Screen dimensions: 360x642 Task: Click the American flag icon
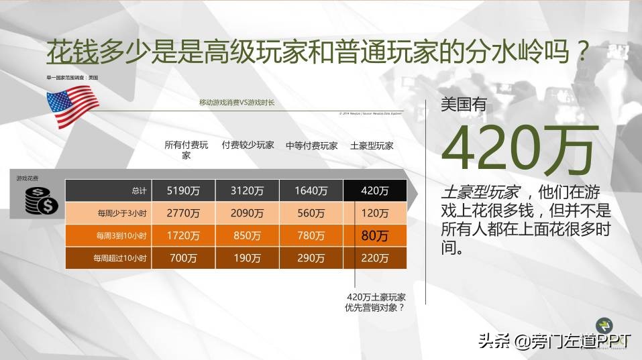tap(72, 105)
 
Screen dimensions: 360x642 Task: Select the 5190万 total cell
tap(184, 190)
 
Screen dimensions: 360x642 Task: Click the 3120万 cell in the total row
tap(248, 190)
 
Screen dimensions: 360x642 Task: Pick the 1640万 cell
tap(311, 190)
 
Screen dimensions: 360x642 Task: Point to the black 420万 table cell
tap(374, 190)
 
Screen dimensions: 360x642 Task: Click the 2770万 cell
tap(184, 213)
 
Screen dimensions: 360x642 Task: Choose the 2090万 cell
tap(248, 213)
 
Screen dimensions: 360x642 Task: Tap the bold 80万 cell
tap(374, 236)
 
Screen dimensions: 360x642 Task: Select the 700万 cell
tap(184, 258)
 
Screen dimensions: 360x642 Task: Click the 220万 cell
tap(374, 258)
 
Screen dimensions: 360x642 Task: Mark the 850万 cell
tap(248, 236)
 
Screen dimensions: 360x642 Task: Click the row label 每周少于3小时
tap(120, 213)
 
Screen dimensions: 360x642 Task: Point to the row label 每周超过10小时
tap(120, 258)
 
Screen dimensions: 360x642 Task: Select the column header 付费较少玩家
tap(248, 145)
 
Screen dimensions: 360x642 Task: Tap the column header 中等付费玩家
tap(311, 145)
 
